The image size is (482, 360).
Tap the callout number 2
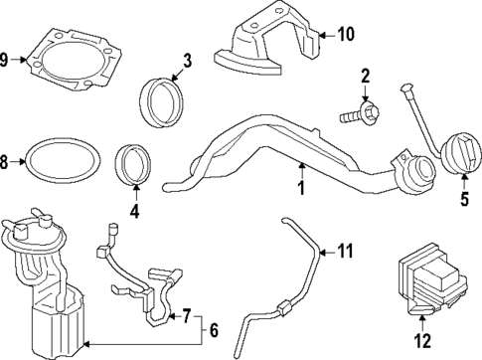(365, 76)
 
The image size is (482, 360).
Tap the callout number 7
(184, 317)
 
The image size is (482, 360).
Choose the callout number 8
(6, 160)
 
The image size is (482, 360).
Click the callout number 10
(344, 34)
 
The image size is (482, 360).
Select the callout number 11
(343, 249)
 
